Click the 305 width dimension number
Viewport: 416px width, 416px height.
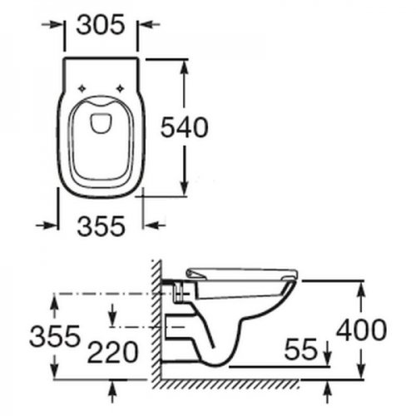pos(101,25)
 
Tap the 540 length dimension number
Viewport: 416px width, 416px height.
pos(185,127)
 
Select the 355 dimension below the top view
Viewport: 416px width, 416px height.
pos(102,226)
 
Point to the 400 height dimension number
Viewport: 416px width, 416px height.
pos(361,329)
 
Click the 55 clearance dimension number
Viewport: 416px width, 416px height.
pos(300,349)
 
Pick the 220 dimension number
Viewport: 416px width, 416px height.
pos(112,352)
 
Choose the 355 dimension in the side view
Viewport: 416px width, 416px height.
pos(55,336)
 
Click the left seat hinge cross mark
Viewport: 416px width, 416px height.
pos(82,88)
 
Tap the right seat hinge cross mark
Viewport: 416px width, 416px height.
pos(120,88)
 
